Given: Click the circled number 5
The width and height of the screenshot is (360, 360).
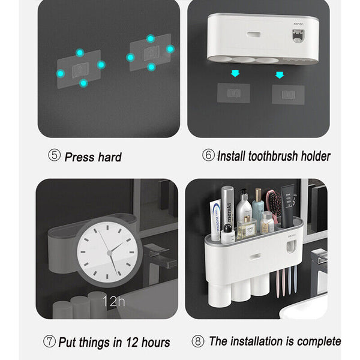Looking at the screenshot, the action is coord(55,155).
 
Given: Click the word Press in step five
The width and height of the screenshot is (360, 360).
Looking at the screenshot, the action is coord(79,157).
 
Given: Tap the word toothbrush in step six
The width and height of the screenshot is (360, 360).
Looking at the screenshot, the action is coord(273,156).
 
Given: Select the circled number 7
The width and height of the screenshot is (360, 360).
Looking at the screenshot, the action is coord(49,341).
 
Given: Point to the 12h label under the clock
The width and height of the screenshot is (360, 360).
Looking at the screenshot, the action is coord(113,301).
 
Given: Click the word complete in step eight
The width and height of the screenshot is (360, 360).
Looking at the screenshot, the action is coord(319,341).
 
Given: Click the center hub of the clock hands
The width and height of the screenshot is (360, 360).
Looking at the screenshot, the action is coord(110,253).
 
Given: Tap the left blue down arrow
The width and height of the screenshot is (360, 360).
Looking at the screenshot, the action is coord(235,73).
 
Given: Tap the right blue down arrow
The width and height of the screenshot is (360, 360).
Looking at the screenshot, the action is coord(280,75).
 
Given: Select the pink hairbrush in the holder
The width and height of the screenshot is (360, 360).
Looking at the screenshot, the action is coord(273,205).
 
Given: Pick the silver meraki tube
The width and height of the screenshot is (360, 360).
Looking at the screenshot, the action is coord(227,208).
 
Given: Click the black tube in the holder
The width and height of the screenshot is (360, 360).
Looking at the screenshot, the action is coord(287,205).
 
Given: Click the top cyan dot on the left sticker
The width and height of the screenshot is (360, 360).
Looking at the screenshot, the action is coord(80,53).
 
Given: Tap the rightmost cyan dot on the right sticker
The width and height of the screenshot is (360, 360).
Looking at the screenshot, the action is coord(170,49).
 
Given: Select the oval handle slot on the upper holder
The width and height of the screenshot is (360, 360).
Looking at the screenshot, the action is coord(253,35).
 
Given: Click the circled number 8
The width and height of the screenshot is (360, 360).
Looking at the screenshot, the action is coord(198,341).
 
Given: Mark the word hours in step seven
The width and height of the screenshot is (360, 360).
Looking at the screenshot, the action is coord(155,343).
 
